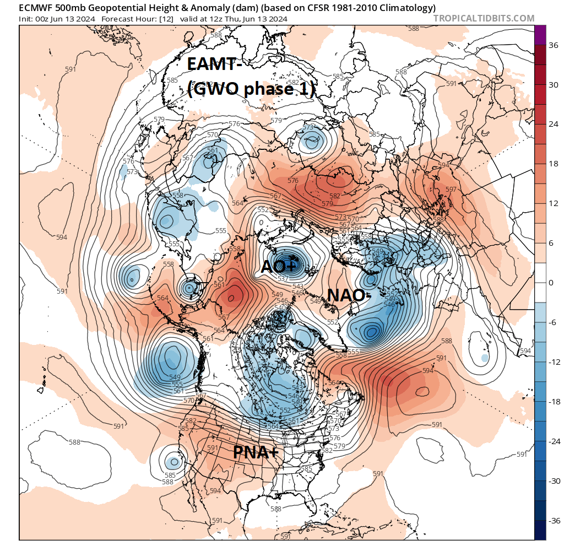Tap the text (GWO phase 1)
pyautogui.click(x=251, y=88)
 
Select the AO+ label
pyautogui.click(x=279, y=267)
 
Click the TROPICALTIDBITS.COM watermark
pyautogui.click(x=484, y=18)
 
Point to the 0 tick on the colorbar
pyautogui.click(x=552, y=283)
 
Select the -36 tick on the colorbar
pyautogui.click(x=555, y=520)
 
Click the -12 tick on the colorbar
pyautogui.click(x=555, y=362)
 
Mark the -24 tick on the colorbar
pyautogui.click(x=555, y=441)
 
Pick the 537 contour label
pyautogui.click(x=283, y=279)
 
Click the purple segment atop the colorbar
pyautogui.click(x=540, y=33)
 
